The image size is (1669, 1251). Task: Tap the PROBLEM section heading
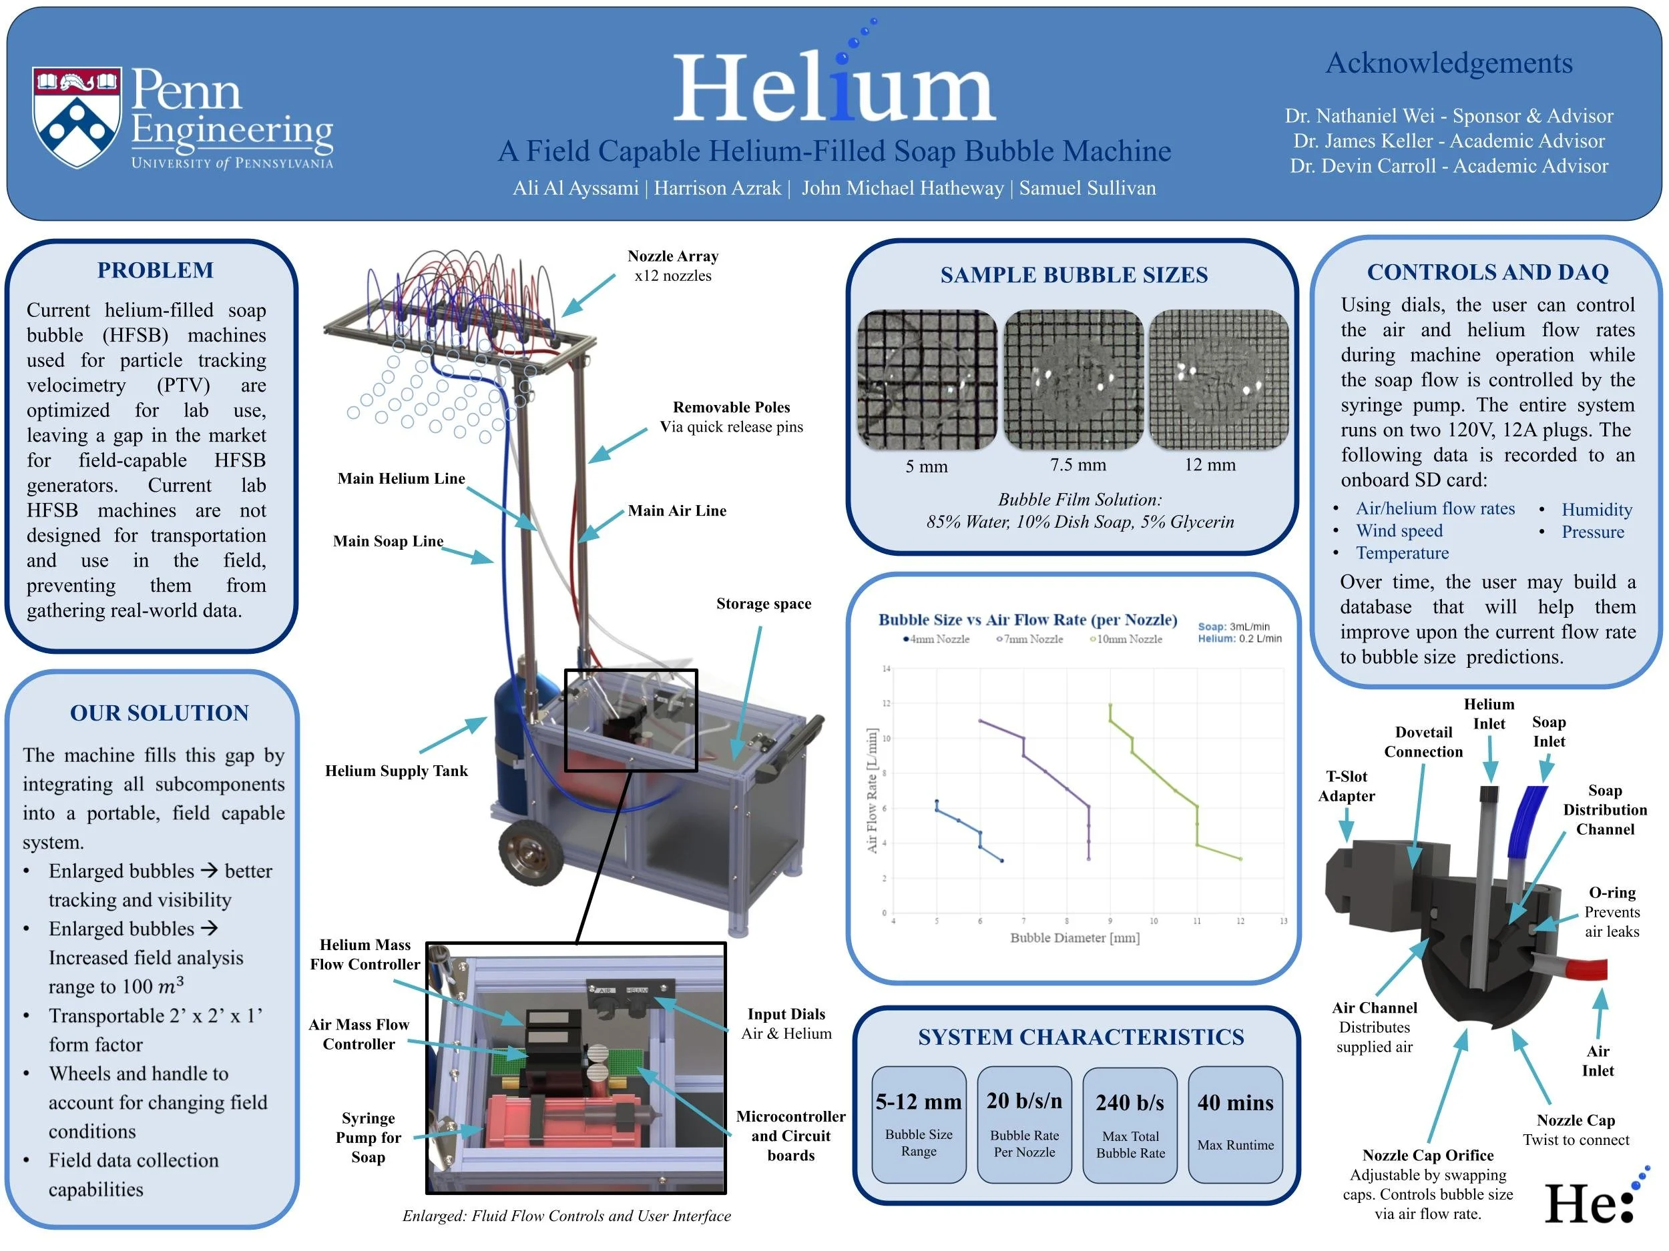tap(156, 270)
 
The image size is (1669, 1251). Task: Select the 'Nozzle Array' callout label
tap(672, 256)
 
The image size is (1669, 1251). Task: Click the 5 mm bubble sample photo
tap(927, 379)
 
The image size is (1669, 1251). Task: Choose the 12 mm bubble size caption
tap(1210, 465)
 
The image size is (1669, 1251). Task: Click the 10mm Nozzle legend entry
tap(1126, 639)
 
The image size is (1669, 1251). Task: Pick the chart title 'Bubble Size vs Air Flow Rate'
tap(1027, 620)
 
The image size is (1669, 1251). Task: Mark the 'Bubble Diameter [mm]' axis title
tap(1074, 938)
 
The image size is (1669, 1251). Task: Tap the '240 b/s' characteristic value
tap(1130, 1103)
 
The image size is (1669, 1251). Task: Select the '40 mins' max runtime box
tap(1235, 1124)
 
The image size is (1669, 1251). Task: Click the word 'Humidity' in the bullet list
tap(1597, 510)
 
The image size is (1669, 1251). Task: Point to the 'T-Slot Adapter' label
tap(1346, 786)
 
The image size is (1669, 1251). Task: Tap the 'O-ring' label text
tap(1612, 893)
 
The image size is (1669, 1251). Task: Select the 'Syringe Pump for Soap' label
tap(369, 1137)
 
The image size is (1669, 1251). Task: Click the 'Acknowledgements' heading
tap(1449, 63)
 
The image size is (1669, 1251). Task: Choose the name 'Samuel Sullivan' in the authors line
tap(1088, 187)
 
